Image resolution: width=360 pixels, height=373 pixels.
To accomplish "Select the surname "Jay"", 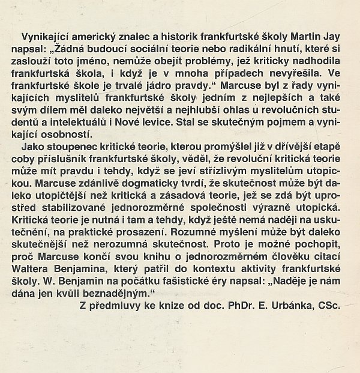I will (329, 35).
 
